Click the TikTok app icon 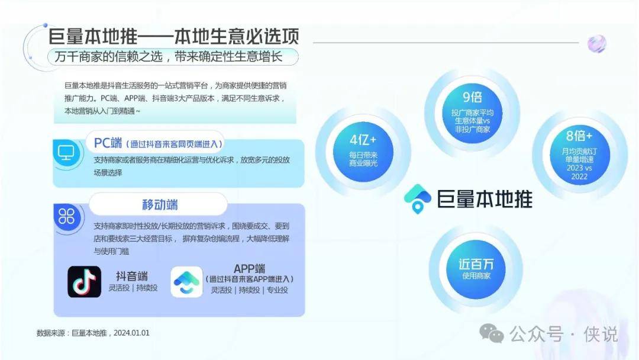pos(85,282)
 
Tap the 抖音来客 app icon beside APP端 pos(186,282)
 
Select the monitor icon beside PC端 pos(66,153)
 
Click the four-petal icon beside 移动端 pos(67,217)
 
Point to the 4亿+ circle pos(363,152)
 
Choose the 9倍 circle pos(472,113)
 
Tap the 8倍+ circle pos(579,155)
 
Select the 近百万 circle pos(476,268)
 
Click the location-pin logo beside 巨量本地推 pos(417,198)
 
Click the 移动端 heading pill pos(158,204)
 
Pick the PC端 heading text pos(108,143)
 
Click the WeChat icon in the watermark pos(492,333)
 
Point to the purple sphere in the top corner pos(596,44)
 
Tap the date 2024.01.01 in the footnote pos(131,333)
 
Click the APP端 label pos(250,269)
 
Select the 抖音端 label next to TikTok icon pos(131,276)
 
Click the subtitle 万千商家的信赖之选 pos(109,56)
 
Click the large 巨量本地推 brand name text pos(485,200)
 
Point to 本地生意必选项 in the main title pos(237,36)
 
